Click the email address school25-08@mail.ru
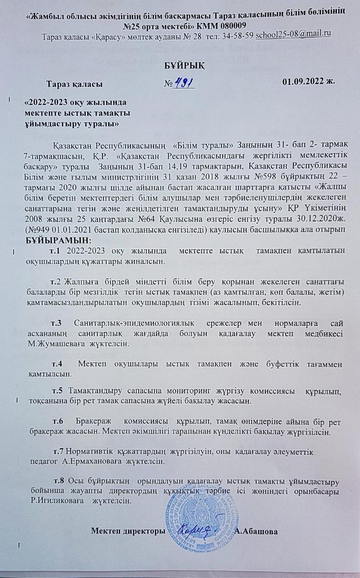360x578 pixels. [x=294, y=35]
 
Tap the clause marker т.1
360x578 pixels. [x=58, y=250]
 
